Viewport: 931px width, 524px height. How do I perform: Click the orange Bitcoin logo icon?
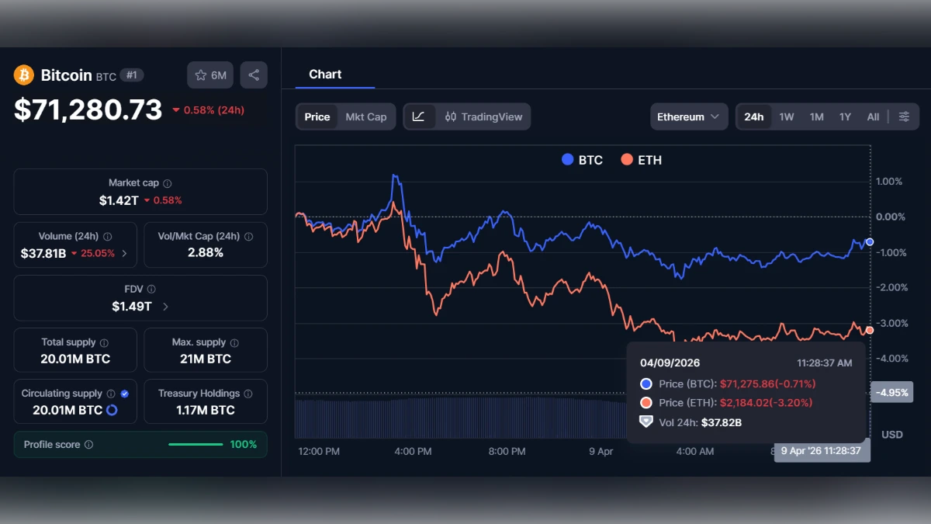pos(24,75)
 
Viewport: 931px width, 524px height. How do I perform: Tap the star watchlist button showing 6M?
pos(210,75)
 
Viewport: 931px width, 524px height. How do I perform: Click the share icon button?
pos(254,75)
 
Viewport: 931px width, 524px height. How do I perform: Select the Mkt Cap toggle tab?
pos(365,116)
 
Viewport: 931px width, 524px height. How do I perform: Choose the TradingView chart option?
pos(483,116)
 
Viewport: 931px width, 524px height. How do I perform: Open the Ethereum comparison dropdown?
pos(688,116)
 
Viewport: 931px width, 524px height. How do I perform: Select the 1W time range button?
pos(787,116)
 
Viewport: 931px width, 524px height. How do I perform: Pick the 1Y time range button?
pos(845,116)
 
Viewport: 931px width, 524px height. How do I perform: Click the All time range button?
pos(873,116)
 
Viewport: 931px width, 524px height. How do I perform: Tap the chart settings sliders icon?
pos(904,116)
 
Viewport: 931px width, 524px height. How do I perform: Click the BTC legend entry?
pos(582,160)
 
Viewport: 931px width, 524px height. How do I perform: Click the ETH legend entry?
pos(641,160)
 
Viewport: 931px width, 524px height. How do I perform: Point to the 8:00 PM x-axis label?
pos(507,451)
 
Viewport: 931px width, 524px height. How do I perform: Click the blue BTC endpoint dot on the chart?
pos(870,242)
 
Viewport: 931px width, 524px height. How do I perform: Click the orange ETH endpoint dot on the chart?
pos(870,330)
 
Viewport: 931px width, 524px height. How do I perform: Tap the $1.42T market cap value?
pos(119,200)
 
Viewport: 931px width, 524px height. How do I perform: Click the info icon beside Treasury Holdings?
pos(247,394)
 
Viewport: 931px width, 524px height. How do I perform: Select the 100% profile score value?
pos(243,444)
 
